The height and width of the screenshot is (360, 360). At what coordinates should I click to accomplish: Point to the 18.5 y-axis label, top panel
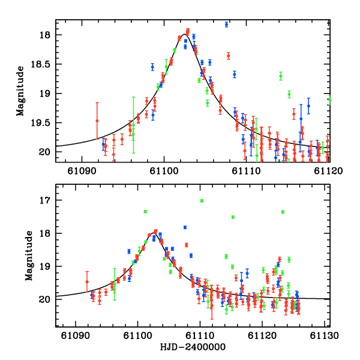(x=41, y=64)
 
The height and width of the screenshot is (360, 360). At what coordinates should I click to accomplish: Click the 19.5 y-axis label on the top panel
(x=41, y=122)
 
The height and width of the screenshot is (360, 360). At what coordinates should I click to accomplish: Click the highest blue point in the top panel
(x=226, y=25)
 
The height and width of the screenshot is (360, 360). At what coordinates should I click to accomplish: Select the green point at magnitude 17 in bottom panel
(x=202, y=200)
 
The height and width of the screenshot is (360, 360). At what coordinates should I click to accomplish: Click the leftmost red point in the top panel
(x=97, y=121)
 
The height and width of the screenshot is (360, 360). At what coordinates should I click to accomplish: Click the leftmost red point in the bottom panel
(x=87, y=281)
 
